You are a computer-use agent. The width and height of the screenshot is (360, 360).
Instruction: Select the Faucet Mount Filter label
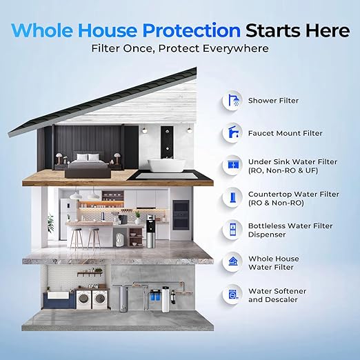[286, 133]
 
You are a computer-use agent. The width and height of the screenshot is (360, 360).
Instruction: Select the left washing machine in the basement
[83, 299]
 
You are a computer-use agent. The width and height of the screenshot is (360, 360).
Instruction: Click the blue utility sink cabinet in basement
[54, 301]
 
